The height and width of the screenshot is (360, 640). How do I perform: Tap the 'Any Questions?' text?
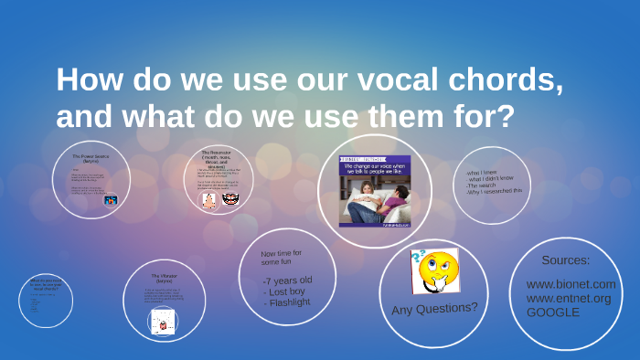434,308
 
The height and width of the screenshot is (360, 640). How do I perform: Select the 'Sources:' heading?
571,260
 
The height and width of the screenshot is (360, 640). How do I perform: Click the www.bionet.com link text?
571,284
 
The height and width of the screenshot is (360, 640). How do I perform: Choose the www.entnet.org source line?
568,298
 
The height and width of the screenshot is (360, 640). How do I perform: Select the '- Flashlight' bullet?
290,302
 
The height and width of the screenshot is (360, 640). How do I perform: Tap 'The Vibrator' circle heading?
164,275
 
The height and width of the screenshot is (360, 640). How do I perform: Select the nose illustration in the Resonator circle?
208,198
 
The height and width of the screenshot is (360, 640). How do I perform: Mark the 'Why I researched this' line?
494,191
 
